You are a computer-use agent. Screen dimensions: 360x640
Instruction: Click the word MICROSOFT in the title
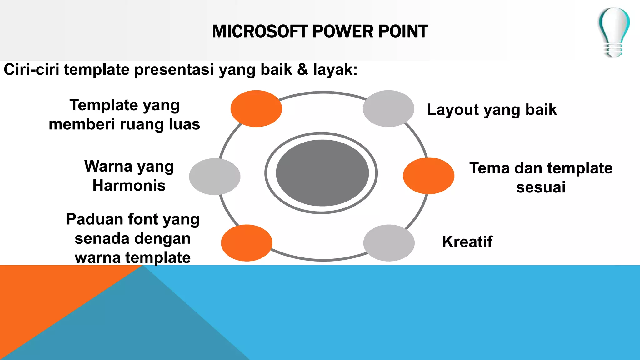pyautogui.click(x=260, y=32)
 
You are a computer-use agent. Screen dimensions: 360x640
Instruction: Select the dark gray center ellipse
pyautogui.click(x=322, y=173)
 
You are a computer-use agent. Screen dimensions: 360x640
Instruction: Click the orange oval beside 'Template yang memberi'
pyautogui.click(x=256, y=108)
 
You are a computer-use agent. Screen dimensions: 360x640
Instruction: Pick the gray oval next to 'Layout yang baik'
pyautogui.click(x=388, y=108)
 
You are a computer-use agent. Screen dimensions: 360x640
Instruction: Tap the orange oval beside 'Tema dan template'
pyautogui.click(x=428, y=176)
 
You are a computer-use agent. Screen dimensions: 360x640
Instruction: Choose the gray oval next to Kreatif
pyautogui.click(x=389, y=243)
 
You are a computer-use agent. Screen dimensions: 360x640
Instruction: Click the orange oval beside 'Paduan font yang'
pyautogui.click(x=247, y=243)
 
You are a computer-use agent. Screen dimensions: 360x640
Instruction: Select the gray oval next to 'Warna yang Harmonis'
pyautogui.click(x=215, y=177)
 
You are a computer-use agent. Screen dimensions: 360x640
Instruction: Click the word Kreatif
pyautogui.click(x=467, y=242)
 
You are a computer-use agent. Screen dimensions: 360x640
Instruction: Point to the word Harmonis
pyautogui.click(x=129, y=186)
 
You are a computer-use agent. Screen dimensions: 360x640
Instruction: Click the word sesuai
pyautogui.click(x=541, y=187)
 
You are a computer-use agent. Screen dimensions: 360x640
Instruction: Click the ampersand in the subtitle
pyautogui.click(x=302, y=69)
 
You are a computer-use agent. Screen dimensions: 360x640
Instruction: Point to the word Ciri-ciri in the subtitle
pyautogui.click(x=31, y=69)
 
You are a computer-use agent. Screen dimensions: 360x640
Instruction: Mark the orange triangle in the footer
pyautogui.click(x=47, y=297)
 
